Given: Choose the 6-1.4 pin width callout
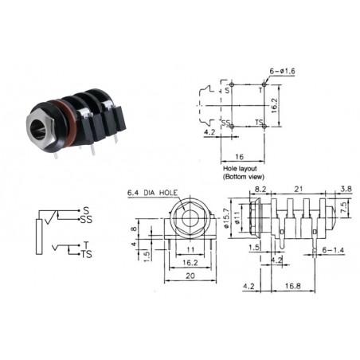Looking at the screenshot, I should tap(334, 249).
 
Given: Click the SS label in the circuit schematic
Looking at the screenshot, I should tap(86, 218).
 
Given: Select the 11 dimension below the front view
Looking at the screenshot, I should tap(190, 249).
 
